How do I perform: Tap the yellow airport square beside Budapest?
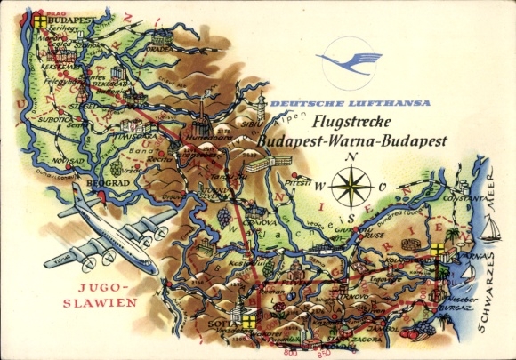[x=38, y=18]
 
